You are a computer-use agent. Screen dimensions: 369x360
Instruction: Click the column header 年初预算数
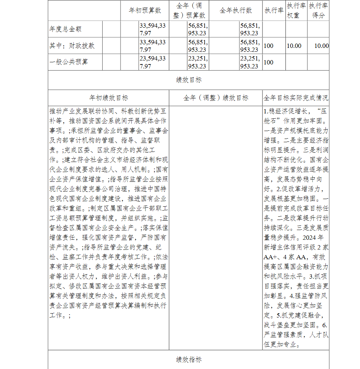pyautogui.click(x=145, y=10)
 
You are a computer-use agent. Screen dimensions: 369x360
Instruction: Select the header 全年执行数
pyautogui.click(x=235, y=10)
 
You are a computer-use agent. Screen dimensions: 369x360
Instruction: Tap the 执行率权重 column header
pyautogui.click(x=297, y=10)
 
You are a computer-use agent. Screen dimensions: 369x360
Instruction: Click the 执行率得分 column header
pyautogui.click(x=318, y=10)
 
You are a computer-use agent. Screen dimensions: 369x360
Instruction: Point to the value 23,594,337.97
pyautogui.click(x=153, y=62)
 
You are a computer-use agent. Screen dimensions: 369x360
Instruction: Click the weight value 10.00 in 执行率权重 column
pyautogui.click(x=294, y=46)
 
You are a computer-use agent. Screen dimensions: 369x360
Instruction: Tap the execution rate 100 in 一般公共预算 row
pyautogui.click(x=269, y=62)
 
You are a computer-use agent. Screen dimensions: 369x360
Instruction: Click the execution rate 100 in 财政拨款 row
pyautogui.click(x=269, y=46)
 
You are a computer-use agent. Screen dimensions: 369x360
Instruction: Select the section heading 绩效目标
pyautogui.click(x=189, y=80)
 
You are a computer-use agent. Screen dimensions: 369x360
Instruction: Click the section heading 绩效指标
pyautogui.click(x=189, y=359)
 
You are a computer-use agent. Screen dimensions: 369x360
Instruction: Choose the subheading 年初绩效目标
pyautogui.click(x=108, y=98)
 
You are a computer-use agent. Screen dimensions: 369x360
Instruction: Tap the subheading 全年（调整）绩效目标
pyautogui.click(x=216, y=98)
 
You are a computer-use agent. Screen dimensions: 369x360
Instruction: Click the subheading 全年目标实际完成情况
pyautogui.click(x=296, y=98)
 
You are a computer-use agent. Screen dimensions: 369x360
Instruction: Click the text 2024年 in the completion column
pyautogui.click(x=314, y=238)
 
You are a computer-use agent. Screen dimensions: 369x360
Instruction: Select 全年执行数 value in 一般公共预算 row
pyautogui.click(x=250, y=62)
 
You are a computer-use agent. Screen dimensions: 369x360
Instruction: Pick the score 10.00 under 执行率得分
pyautogui.click(x=321, y=46)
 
